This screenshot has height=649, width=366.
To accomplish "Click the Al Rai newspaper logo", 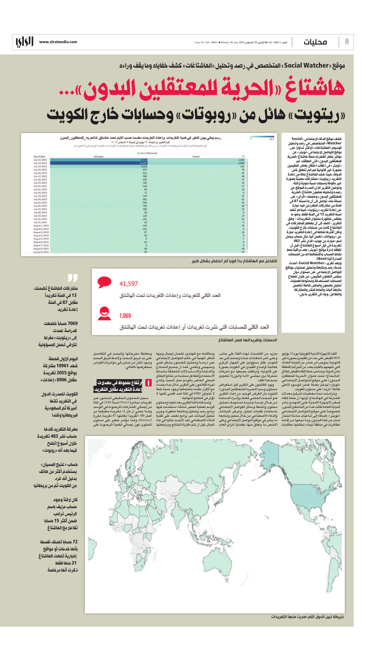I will click(x=25, y=42).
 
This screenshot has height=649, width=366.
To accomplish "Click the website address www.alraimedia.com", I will click(x=58, y=42).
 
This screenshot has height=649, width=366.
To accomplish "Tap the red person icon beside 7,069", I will click(x=104, y=313).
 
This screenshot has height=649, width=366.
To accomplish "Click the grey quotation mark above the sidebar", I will click(x=73, y=278).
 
